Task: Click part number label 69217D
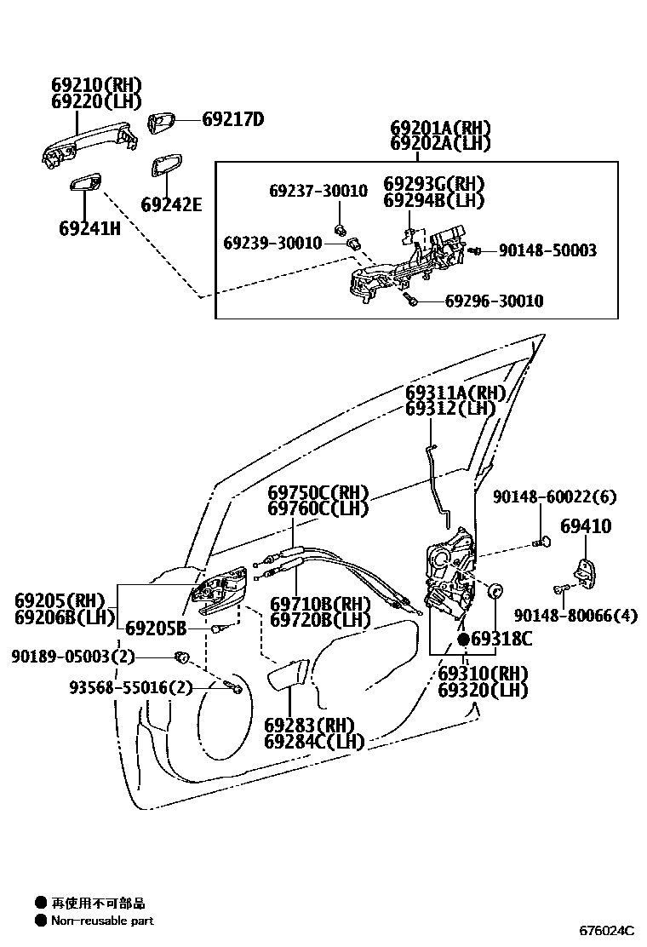(232, 119)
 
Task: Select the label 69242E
(171, 204)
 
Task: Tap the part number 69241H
(89, 228)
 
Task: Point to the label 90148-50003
(547, 250)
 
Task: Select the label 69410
(585, 527)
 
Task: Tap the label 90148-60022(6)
(554, 496)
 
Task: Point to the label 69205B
(156, 628)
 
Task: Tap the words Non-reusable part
(102, 920)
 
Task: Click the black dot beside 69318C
(463, 639)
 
